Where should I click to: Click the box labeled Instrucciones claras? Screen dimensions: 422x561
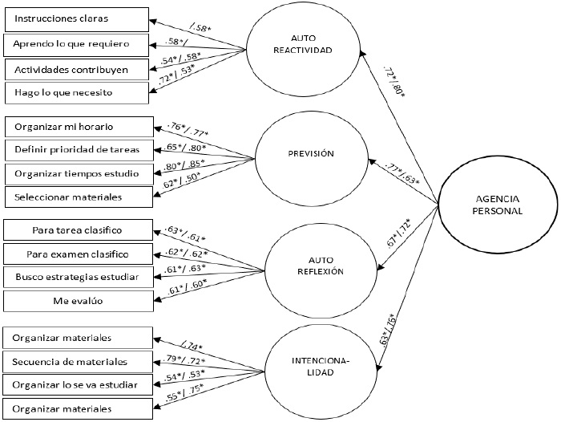point(77,18)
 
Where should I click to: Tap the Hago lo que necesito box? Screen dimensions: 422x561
point(77,93)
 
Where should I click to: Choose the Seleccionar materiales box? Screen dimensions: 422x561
point(77,196)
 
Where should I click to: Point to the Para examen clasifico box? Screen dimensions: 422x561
point(77,254)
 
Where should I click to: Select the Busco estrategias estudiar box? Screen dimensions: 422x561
point(77,278)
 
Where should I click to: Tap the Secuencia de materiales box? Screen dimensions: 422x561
point(77,362)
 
